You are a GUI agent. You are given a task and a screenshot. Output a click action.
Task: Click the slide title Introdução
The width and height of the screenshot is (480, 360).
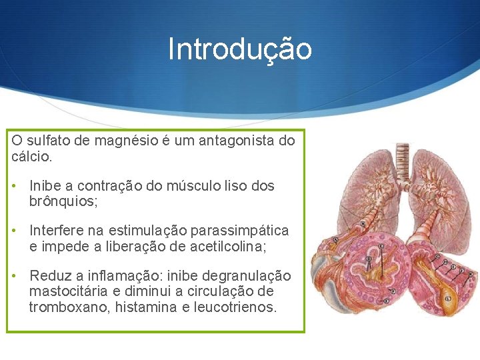240,49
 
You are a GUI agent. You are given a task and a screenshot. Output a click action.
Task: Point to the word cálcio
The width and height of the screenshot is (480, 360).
29,157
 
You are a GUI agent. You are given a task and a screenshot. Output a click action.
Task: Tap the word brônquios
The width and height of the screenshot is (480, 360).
62,201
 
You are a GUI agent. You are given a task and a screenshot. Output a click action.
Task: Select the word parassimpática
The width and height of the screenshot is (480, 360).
239,231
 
